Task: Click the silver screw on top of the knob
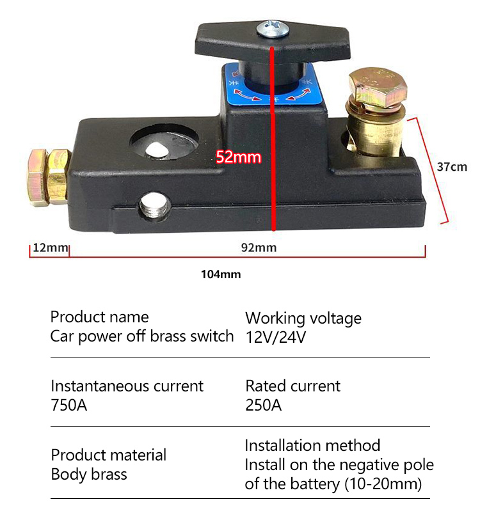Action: pos(273,29)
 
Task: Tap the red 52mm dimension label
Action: pos(238,157)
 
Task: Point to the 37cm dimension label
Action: pos(452,167)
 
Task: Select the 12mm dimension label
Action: pos(51,248)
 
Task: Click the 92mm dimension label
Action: pos(259,248)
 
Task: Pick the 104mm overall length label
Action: pos(221,274)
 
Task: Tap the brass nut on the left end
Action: pos(48,177)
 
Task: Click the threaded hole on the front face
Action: pos(155,206)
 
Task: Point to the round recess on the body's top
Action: pos(164,143)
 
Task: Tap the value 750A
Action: pos(69,405)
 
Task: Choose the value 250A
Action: pos(264,405)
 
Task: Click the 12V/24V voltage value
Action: pos(276,337)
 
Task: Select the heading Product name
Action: pos(99,317)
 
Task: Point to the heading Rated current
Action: pos(293,386)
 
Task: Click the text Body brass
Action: pos(89,475)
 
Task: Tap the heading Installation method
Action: pos(312,446)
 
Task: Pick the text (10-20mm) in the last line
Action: pos(383,484)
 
